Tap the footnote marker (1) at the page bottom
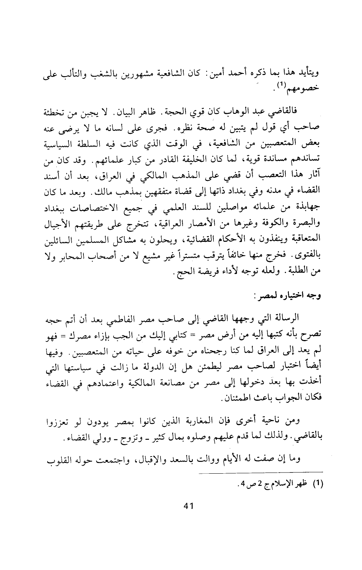(x=318, y=484)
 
